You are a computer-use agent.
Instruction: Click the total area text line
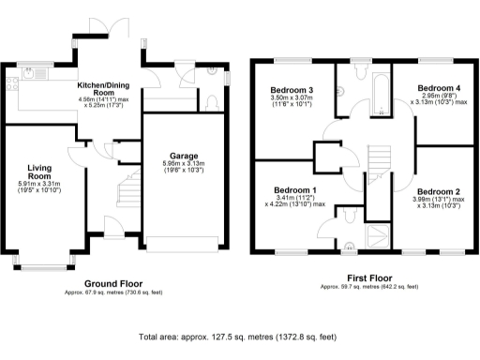(236, 336)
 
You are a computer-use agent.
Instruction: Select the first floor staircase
(379, 163)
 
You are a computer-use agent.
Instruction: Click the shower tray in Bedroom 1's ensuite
(379, 234)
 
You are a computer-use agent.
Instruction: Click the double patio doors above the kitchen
(103, 24)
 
